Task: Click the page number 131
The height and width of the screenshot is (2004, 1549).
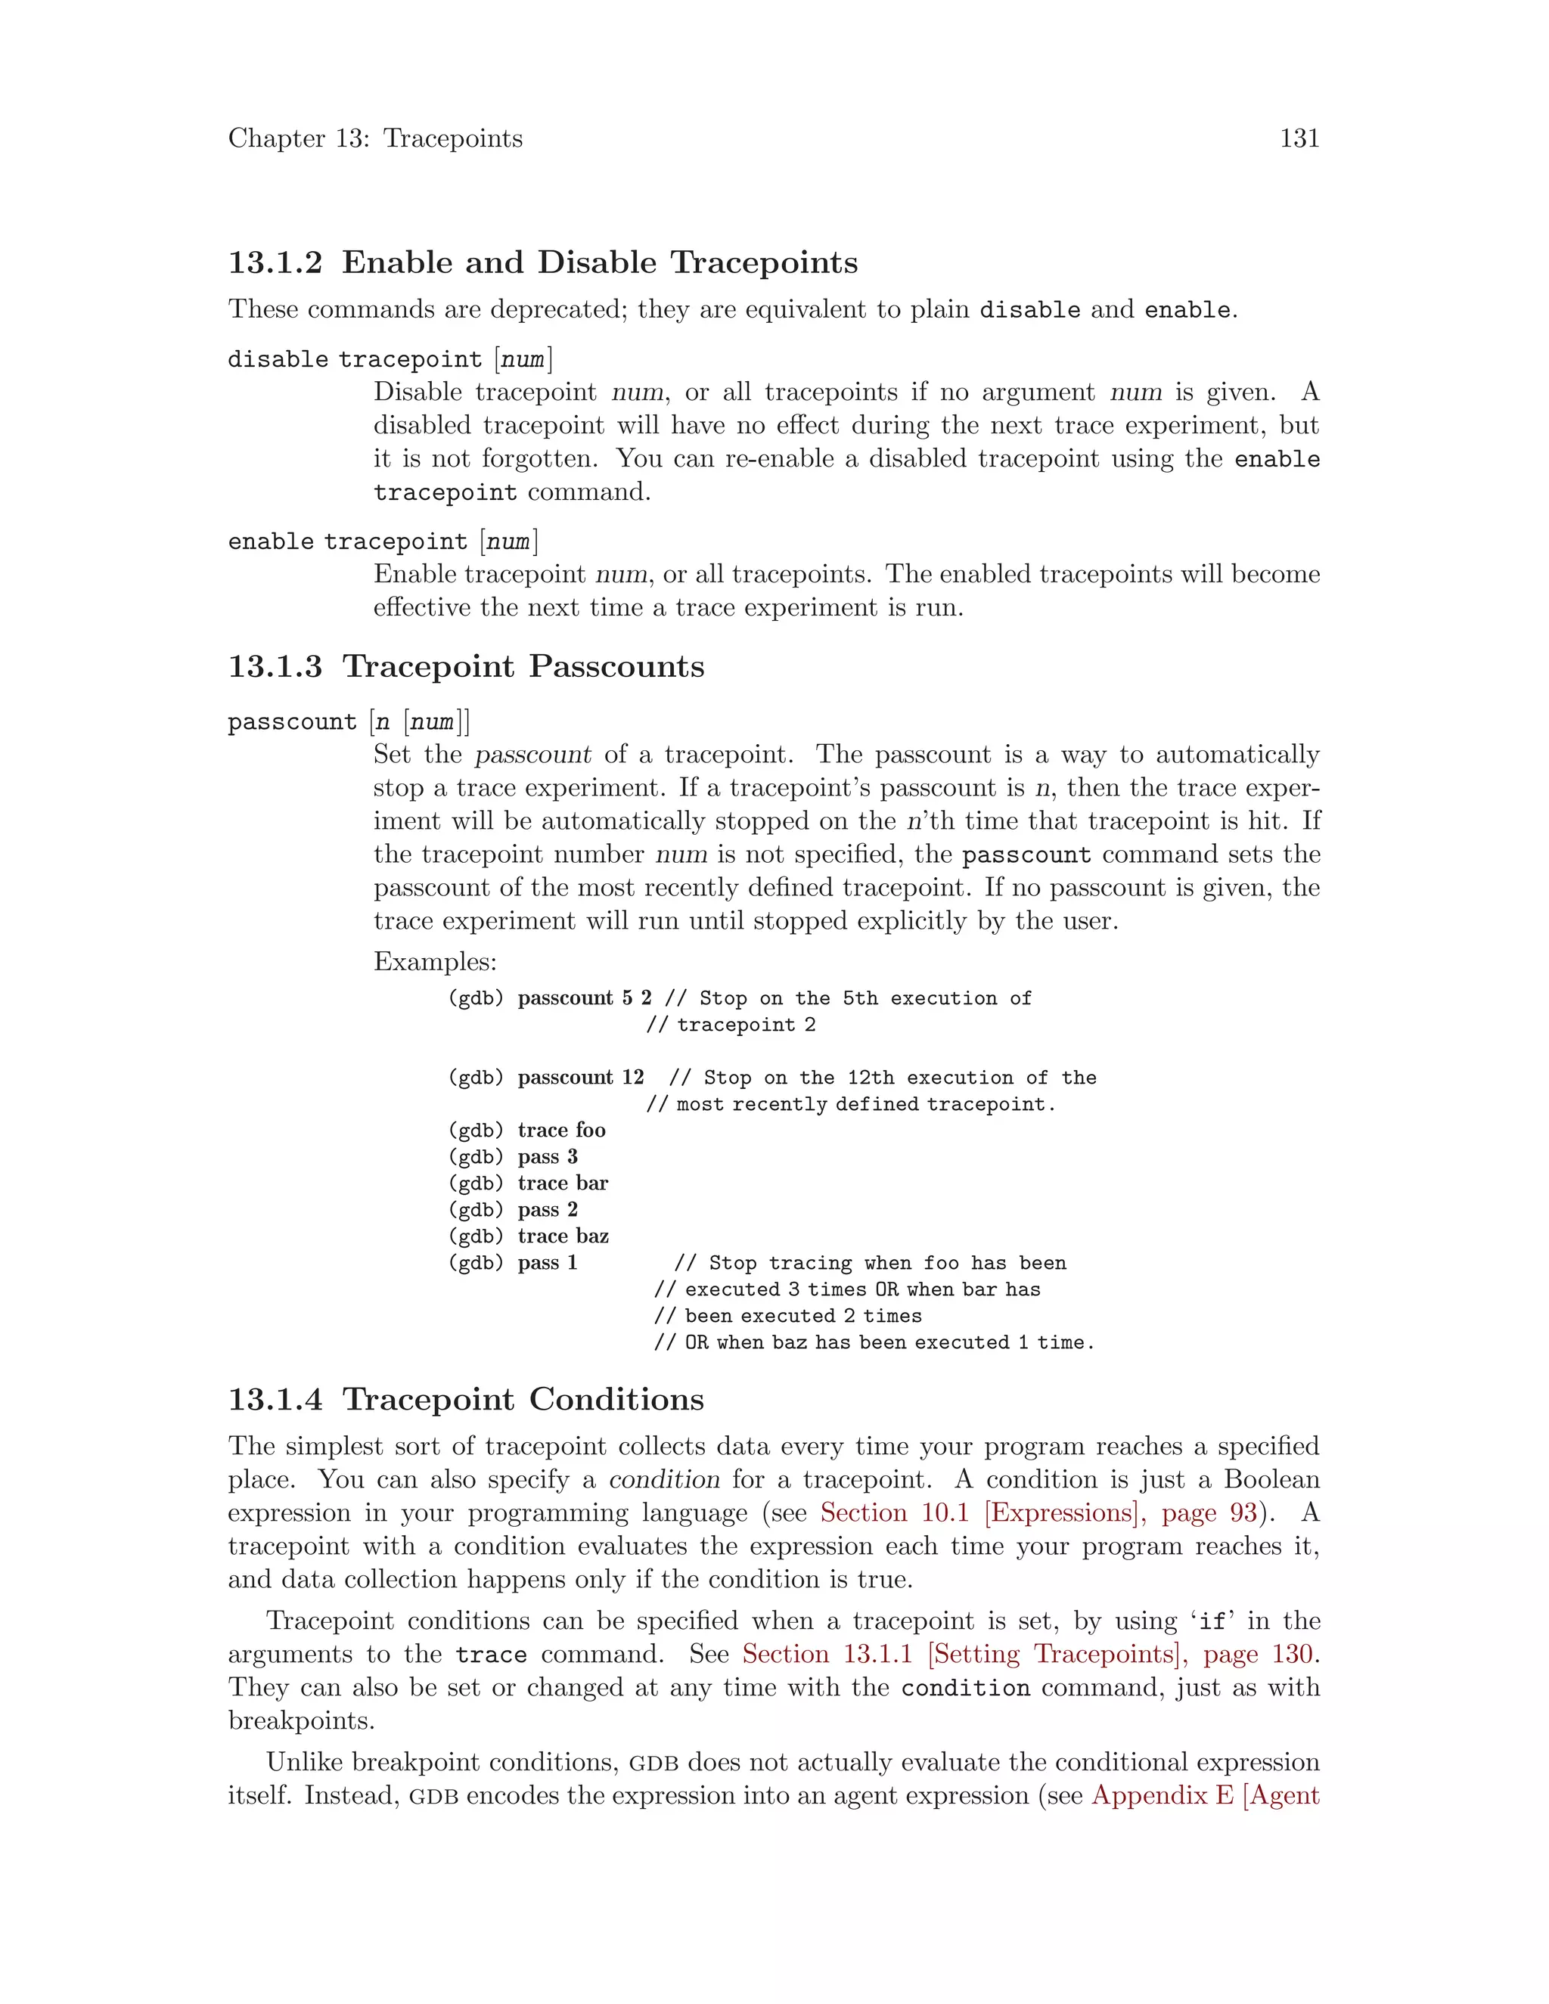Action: point(1299,138)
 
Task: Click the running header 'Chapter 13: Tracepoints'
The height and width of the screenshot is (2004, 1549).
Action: point(375,138)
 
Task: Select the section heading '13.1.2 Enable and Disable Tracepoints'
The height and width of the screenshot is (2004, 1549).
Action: point(542,262)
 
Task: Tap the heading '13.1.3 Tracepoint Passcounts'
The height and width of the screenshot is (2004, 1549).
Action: point(466,666)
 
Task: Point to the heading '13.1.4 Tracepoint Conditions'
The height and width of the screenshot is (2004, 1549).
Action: point(466,1399)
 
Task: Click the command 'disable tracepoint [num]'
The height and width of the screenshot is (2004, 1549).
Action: point(390,358)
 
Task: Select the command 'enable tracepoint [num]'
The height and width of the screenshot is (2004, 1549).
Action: point(383,541)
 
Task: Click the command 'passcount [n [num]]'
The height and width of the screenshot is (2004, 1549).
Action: point(349,722)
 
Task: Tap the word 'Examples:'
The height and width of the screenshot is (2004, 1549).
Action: point(435,962)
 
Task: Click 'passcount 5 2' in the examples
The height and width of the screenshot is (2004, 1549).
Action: point(585,998)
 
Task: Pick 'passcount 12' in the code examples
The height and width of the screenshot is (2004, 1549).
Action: point(581,1077)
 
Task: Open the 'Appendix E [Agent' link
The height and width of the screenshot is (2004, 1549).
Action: point(1205,1796)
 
